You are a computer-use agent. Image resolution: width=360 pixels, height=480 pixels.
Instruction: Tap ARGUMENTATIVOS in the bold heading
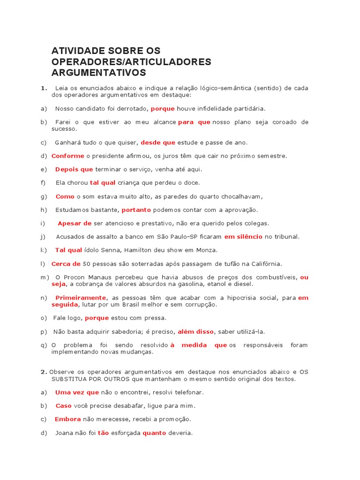click(x=98, y=73)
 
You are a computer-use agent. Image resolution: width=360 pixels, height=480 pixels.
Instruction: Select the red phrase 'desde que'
click(x=157, y=142)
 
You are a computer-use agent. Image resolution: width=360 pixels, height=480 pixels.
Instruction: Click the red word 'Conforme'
click(x=67, y=156)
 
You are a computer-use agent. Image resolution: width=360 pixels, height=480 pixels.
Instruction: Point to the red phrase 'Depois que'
click(x=74, y=169)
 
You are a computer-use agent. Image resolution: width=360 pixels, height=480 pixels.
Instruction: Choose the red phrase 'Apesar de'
click(x=75, y=224)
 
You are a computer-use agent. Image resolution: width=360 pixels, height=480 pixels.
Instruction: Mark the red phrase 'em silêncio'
click(x=243, y=237)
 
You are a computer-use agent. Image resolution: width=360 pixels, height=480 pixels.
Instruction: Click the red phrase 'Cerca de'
click(x=66, y=264)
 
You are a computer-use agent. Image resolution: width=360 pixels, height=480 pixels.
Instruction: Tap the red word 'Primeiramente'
click(x=81, y=298)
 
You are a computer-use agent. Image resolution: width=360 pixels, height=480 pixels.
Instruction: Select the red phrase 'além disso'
click(x=195, y=331)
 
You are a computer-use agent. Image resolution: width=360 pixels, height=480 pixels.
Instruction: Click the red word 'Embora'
click(x=67, y=419)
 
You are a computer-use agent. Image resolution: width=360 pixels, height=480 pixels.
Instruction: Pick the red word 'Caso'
click(x=63, y=405)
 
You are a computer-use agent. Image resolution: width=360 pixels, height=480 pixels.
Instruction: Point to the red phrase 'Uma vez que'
click(x=77, y=392)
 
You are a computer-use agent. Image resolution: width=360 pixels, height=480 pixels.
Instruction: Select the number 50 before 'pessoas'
click(x=87, y=264)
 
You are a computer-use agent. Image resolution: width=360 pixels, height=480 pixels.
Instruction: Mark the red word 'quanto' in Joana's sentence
click(x=154, y=433)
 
